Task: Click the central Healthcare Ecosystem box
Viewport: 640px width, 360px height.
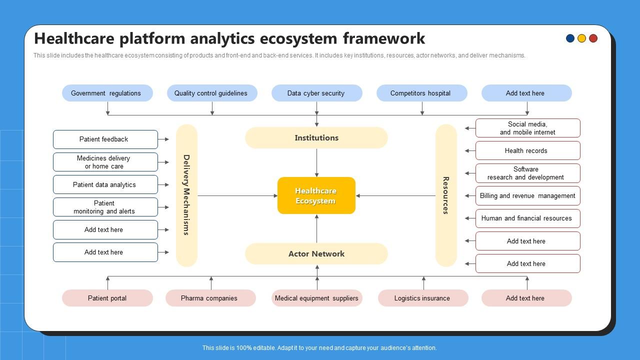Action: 316,195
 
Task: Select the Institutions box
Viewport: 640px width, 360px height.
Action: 316,137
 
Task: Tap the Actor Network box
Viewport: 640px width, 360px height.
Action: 316,253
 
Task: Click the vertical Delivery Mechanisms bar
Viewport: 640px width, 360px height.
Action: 186,195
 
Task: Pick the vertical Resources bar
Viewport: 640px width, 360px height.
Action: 446,195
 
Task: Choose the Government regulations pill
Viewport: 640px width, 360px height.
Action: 107,93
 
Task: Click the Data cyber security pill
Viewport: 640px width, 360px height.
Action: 316,93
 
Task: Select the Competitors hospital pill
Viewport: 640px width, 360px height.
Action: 421,93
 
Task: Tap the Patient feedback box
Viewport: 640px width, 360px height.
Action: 105,139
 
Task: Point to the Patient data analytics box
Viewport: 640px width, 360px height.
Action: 105,184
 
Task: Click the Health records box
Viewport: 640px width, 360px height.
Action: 527,150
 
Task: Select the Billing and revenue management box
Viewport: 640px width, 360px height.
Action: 527,196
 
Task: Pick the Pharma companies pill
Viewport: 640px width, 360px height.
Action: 210,298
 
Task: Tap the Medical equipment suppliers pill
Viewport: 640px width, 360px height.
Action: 316,298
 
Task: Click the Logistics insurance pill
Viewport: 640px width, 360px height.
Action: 422,298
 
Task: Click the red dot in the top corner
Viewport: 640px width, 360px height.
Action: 593,38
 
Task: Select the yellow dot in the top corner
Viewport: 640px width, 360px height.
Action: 581,38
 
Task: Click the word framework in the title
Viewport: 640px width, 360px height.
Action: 383,38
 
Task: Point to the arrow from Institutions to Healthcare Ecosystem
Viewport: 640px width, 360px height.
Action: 316,162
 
